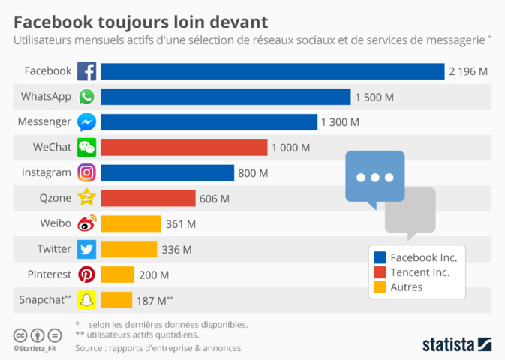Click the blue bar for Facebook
point(272,71)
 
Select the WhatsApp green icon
point(87,97)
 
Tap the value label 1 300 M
point(340,122)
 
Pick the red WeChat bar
point(184,148)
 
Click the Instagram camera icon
point(87,173)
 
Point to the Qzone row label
point(54,198)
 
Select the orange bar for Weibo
point(131,223)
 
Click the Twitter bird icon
point(87,249)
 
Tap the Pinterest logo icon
point(87,274)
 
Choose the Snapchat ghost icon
point(87,300)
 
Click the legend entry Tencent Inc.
point(419,271)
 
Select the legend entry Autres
point(406,286)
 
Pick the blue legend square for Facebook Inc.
point(380,257)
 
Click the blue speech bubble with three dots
point(374,178)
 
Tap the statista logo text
point(447,344)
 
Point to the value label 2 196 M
point(468,71)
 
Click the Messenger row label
point(46,121)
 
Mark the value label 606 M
point(215,199)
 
